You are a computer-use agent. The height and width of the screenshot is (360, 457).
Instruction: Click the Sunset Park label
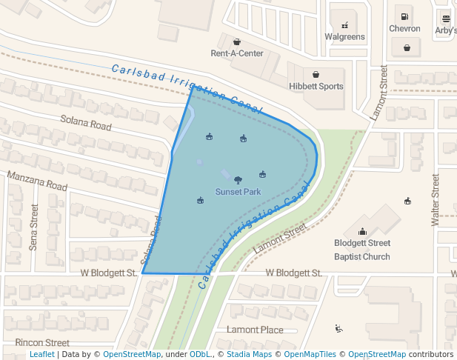238,192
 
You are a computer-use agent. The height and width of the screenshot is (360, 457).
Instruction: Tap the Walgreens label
344,37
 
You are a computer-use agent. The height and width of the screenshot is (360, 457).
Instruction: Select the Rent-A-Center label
236,53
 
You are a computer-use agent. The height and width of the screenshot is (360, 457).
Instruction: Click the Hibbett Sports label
316,87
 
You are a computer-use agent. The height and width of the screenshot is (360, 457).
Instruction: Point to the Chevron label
404,29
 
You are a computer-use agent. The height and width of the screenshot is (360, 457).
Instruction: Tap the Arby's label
445,30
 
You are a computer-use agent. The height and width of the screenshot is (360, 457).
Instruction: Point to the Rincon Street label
42,343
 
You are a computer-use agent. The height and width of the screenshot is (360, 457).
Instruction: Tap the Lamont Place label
255,330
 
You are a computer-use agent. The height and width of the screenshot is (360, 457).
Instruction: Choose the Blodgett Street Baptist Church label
361,250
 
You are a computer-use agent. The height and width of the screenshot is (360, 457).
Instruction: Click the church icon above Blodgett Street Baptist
362,231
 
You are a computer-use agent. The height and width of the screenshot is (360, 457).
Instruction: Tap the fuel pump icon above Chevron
404,16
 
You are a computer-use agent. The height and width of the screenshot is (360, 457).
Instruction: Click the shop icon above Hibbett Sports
316,74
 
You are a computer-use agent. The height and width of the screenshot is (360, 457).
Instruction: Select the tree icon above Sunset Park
238,179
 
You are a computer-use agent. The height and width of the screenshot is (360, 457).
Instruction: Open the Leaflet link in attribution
41,355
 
